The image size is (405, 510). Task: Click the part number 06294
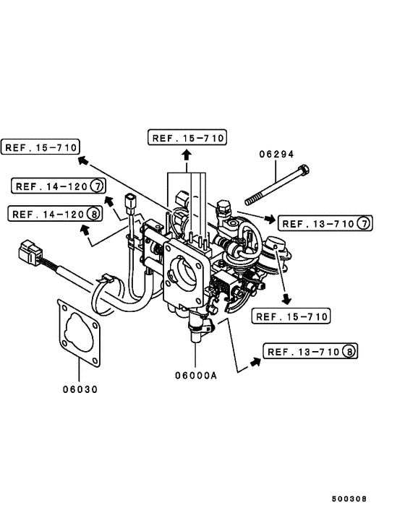click(276, 154)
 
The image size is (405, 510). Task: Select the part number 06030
click(80, 389)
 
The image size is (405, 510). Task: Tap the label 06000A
click(195, 376)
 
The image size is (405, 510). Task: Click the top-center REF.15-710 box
click(187, 137)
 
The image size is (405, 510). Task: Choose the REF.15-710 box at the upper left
click(39, 147)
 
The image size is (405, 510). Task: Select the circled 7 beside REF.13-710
click(363, 224)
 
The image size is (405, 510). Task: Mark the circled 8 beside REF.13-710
click(350, 352)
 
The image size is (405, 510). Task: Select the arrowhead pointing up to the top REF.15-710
click(186, 153)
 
